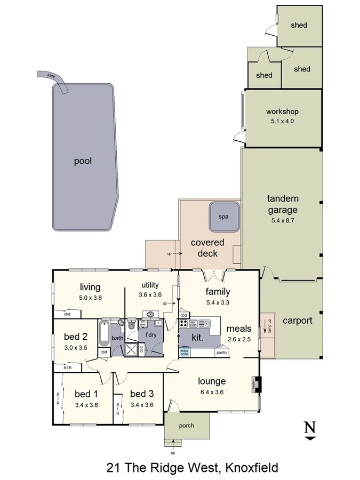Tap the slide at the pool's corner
point(55,79)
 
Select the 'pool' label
point(83,161)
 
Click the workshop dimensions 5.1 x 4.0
point(282,121)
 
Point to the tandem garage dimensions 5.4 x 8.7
point(282,220)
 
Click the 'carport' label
point(297,321)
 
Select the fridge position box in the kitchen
point(185,352)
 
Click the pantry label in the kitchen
point(222,353)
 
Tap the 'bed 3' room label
point(142,394)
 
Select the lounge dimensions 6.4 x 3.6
point(212,391)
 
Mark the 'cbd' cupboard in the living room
point(67,314)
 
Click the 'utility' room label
point(151,285)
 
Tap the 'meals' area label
point(238,329)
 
